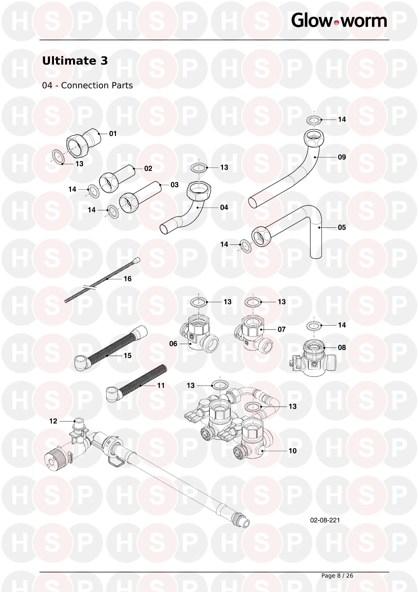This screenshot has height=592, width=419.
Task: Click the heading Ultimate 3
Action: coord(75,61)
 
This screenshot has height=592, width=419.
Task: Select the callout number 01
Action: coord(113,133)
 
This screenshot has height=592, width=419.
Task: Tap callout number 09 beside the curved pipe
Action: coord(342,157)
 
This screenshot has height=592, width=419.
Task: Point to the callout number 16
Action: coord(127,279)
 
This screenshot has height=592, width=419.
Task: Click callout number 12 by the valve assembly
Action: coord(53,421)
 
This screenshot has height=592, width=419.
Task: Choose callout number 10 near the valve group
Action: coord(293,451)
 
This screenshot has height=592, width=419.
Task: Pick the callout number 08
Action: coord(342,348)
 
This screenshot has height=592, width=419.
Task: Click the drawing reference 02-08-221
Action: coord(325,520)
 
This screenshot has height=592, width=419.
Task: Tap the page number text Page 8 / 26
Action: coord(337,575)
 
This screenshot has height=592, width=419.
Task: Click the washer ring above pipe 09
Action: coord(314,120)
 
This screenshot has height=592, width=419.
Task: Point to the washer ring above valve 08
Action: coord(314,326)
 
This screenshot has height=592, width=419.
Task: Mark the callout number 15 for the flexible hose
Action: coord(127,356)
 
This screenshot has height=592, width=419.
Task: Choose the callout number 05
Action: coord(342,227)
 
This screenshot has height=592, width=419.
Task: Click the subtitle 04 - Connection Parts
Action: coord(88,85)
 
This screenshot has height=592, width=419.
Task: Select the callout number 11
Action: coord(161,386)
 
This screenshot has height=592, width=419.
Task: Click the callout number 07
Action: coord(281,329)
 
